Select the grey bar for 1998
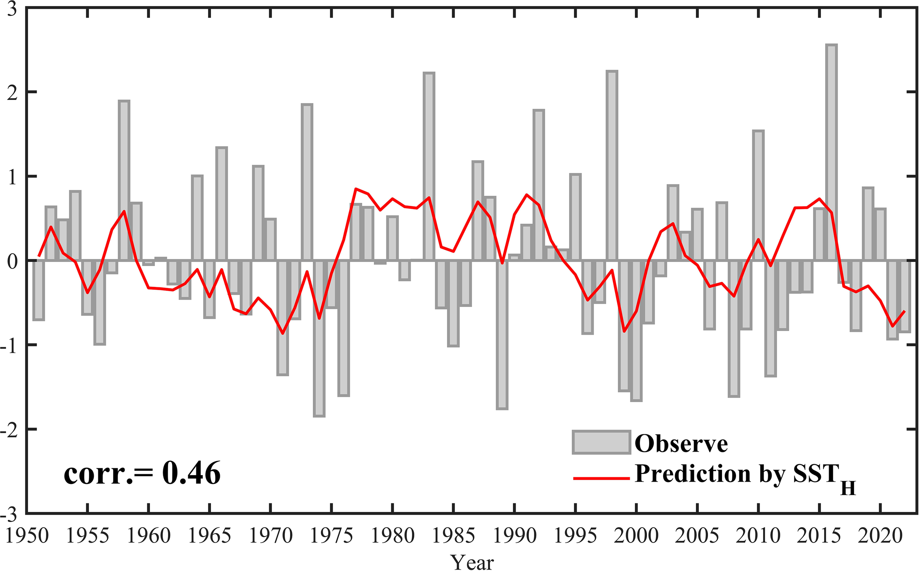pos(612,166)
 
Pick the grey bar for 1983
pos(429,166)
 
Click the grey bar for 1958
pos(124,181)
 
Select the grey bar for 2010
pos(758,196)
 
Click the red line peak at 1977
pos(356,188)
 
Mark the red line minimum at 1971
pos(283,333)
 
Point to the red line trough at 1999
pos(624,331)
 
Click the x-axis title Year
pos(472,562)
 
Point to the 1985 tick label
pos(453,536)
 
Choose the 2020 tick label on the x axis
pos(880,536)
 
